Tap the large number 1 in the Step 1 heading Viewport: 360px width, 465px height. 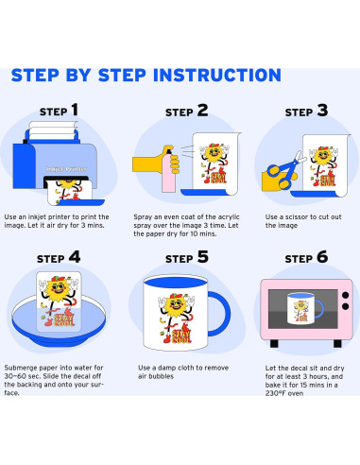(x=75, y=110)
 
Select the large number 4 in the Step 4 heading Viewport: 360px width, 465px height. (x=75, y=257)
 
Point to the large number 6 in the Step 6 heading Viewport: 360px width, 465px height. (x=322, y=257)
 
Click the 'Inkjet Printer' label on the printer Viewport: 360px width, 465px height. (x=66, y=169)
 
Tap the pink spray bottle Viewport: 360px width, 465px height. (x=168, y=170)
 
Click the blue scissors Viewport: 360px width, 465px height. (x=285, y=171)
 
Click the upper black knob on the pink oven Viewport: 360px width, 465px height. (x=346, y=296)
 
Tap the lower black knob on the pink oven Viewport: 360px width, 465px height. (x=346, y=306)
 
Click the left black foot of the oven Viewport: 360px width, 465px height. (x=274, y=343)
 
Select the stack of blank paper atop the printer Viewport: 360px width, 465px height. (x=54, y=130)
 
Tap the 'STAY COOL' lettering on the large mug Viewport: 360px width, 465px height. (x=181, y=336)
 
